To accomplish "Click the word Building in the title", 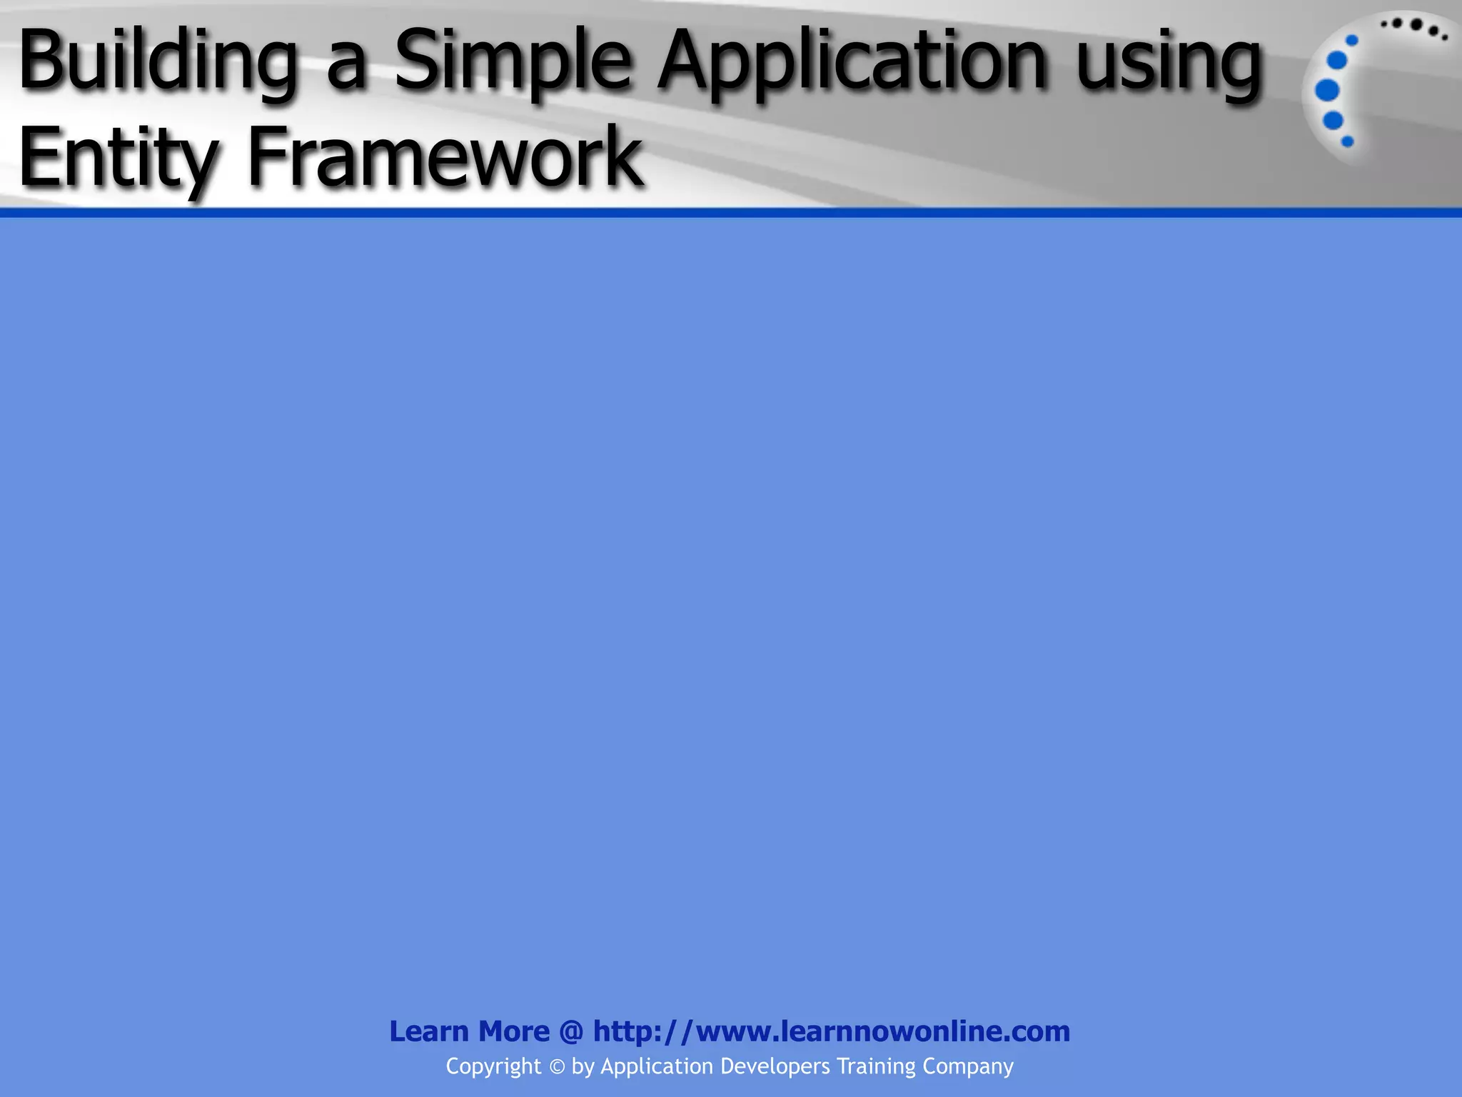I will (x=157, y=63).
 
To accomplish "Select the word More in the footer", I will (x=514, y=1031).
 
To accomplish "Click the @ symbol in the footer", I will (x=571, y=1032).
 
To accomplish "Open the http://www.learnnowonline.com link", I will (x=832, y=1031).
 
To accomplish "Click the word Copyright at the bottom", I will (x=493, y=1066).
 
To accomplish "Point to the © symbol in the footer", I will (x=557, y=1067).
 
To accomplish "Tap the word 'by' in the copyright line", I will (x=583, y=1067).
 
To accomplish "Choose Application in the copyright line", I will (x=657, y=1067).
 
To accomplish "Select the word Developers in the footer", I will (x=775, y=1067).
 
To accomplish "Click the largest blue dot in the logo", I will (x=1327, y=91).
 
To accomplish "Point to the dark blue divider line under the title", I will (x=731, y=213).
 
